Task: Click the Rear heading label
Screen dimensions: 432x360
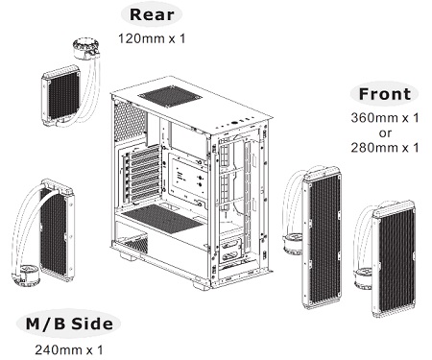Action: (152, 14)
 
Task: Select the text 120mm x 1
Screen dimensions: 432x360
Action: (152, 38)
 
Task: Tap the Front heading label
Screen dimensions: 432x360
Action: (385, 94)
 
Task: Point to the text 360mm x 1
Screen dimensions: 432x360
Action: (385, 118)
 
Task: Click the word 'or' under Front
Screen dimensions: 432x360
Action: (385, 132)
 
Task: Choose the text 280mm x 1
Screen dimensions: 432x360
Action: (385, 148)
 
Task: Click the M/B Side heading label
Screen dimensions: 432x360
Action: (69, 324)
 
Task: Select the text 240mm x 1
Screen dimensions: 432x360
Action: (69, 349)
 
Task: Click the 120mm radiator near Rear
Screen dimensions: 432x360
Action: (60, 95)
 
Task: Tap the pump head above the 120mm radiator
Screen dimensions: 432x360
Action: (86, 49)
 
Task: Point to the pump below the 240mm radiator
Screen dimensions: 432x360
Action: (26, 276)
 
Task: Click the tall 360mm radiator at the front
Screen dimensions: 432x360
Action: (323, 237)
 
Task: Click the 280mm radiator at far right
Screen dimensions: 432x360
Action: (394, 259)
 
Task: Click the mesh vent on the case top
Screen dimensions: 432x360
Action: (170, 97)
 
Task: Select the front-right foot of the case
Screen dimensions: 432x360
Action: (202, 283)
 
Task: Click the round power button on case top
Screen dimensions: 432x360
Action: (234, 122)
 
